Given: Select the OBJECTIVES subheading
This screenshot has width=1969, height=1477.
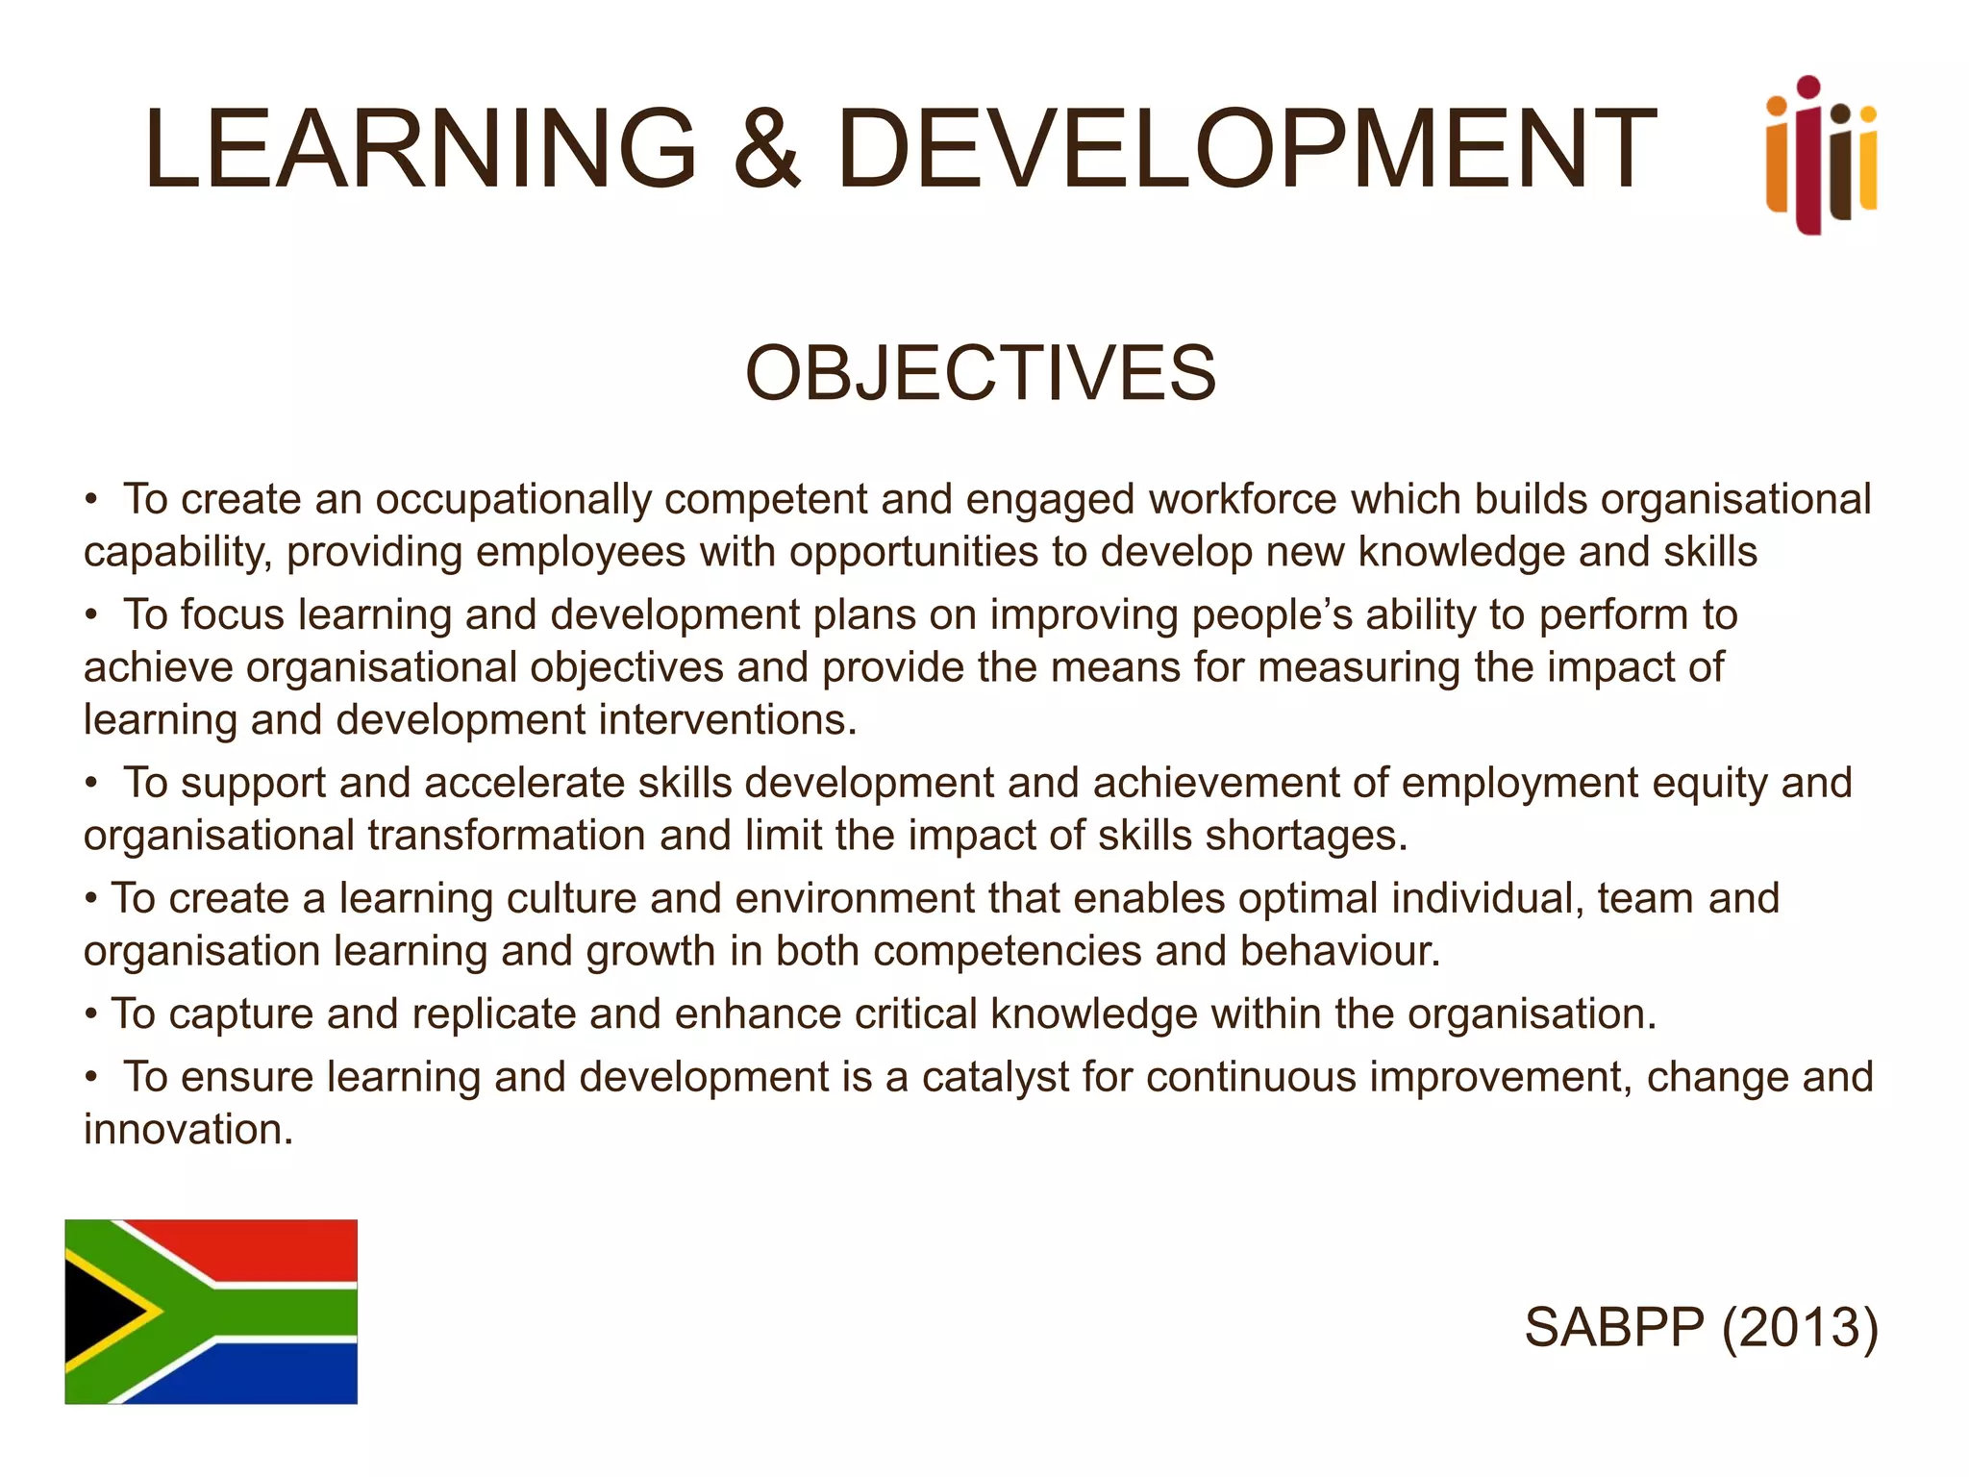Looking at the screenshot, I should [x=981, y=373].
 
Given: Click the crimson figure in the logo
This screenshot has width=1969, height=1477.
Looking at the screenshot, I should [x=1808, y=163].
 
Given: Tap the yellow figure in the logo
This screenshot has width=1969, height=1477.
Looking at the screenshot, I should [x=1867, y=163].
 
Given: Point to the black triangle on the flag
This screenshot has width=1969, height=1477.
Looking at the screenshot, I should [x=96, y=1311].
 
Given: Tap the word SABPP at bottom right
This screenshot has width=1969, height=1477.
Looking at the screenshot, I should [x=1614, y=1328].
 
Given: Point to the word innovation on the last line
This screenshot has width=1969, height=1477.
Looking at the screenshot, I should [x=187, y=1130].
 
